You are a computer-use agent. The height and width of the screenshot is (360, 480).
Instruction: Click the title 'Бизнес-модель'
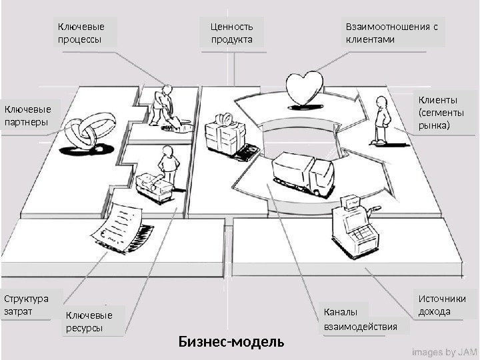pyautogui.click(x=231, y=343)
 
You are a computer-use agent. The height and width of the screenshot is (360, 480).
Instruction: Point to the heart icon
pyautogui.click(x=304, y=88)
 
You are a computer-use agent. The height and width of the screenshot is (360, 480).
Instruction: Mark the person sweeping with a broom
pyautogui.click(x=163, y=107)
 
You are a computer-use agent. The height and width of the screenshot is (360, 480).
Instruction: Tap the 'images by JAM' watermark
pyautogui.click(x=443, y=349)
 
